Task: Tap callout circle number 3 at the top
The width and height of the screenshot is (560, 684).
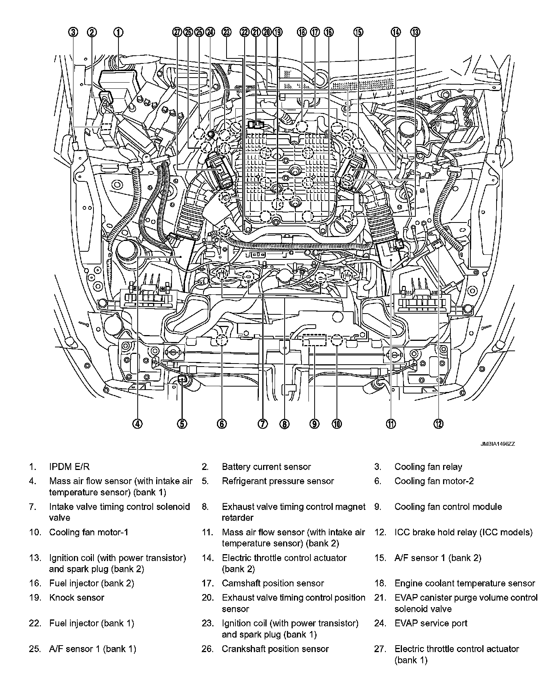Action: tap(74, 32)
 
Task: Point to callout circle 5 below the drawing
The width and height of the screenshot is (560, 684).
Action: tap(182, 423)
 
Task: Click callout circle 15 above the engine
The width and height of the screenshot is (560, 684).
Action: tap(358, 32)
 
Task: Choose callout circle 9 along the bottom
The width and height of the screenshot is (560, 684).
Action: tap(314, 423)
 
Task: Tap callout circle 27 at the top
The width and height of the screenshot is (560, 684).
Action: tap(177, 32)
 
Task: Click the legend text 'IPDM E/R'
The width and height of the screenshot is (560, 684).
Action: tap(69, 467)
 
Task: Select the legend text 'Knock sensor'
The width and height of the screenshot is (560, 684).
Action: tap(77, 598)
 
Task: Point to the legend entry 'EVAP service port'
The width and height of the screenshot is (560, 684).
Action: tap(431, 623)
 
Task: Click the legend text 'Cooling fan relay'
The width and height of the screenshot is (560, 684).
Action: tap(428, 467)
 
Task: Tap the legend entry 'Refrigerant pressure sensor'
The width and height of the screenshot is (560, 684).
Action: tap(278, 481)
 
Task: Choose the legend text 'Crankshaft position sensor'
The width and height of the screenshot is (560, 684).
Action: tap(275, 649)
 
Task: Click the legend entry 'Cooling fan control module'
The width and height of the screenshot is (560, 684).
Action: tap(448, 506)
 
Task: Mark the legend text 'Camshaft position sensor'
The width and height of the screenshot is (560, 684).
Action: tap(273, 583)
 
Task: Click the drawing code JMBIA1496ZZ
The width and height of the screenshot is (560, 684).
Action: tap(497, 443)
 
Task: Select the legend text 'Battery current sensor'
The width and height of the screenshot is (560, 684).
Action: tap(266, 467)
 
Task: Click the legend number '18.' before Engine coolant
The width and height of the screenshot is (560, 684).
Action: tap(380, 583)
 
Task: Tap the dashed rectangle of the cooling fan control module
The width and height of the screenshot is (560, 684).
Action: tap(314, 340)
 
